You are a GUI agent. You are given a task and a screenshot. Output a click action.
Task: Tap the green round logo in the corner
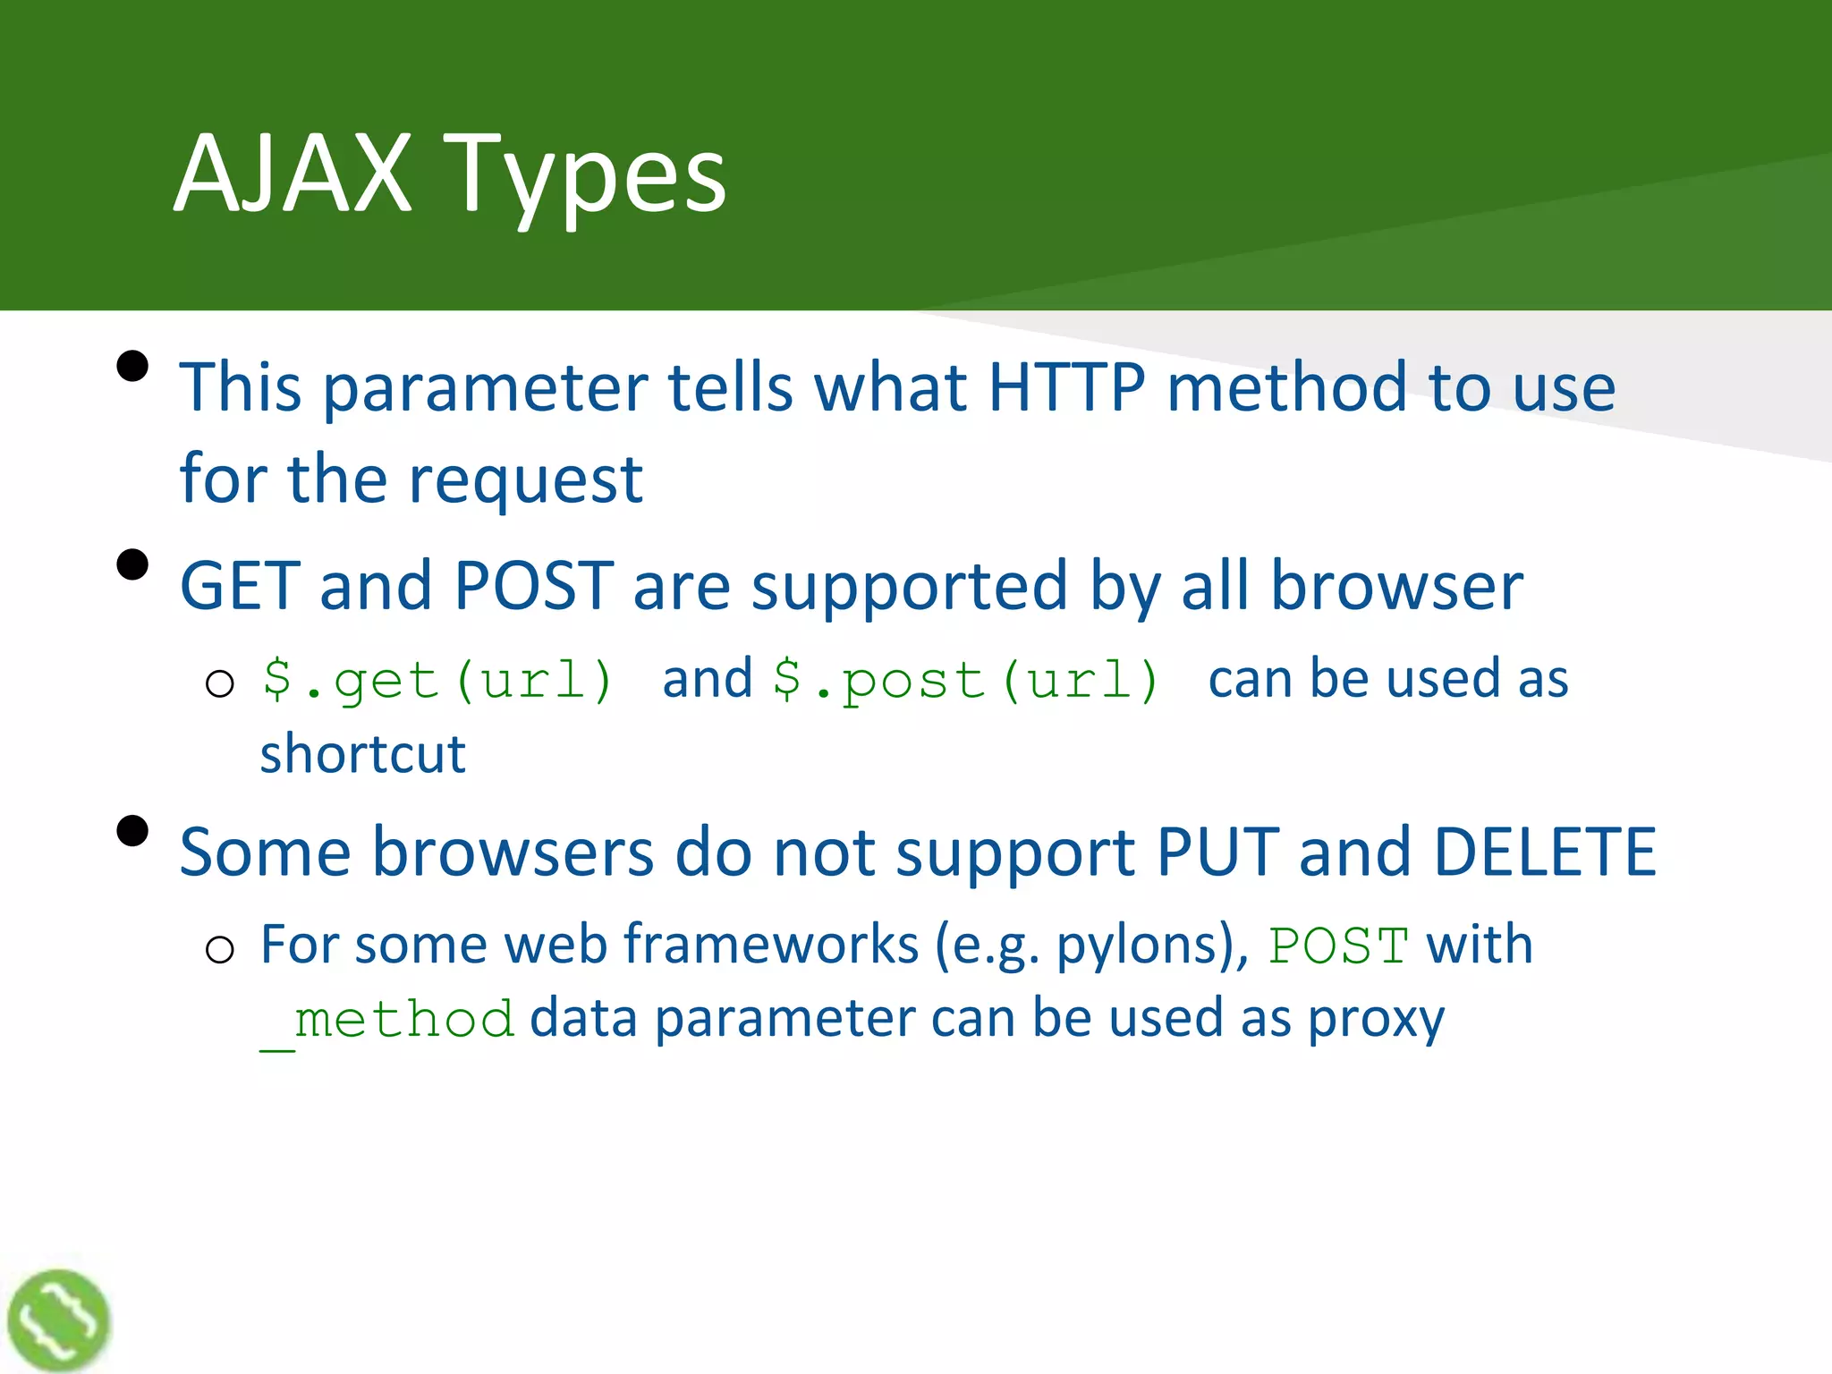(58, 1320)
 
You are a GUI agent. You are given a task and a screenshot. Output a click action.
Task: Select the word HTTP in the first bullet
(1065, 387)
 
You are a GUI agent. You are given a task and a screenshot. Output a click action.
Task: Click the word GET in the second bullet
(240, 586)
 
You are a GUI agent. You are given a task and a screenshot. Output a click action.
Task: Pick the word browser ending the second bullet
(1396, 586)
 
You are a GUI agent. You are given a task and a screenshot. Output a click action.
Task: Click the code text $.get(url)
(437, 680)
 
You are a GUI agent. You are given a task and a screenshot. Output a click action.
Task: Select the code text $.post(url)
(966, 680)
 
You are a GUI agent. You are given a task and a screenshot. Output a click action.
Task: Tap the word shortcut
(362, 753)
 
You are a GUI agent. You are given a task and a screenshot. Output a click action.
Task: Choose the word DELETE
(1544, 852)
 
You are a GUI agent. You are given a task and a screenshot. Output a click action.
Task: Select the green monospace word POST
(1338, 946)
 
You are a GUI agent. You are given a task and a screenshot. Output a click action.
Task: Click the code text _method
(386, 1021)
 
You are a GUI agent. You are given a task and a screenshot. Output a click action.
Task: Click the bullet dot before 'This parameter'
(132, 366)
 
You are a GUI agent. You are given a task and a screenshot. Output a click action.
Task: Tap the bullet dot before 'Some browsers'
(132, 831)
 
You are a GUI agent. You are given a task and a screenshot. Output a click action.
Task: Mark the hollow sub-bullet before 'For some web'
(219, 949)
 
